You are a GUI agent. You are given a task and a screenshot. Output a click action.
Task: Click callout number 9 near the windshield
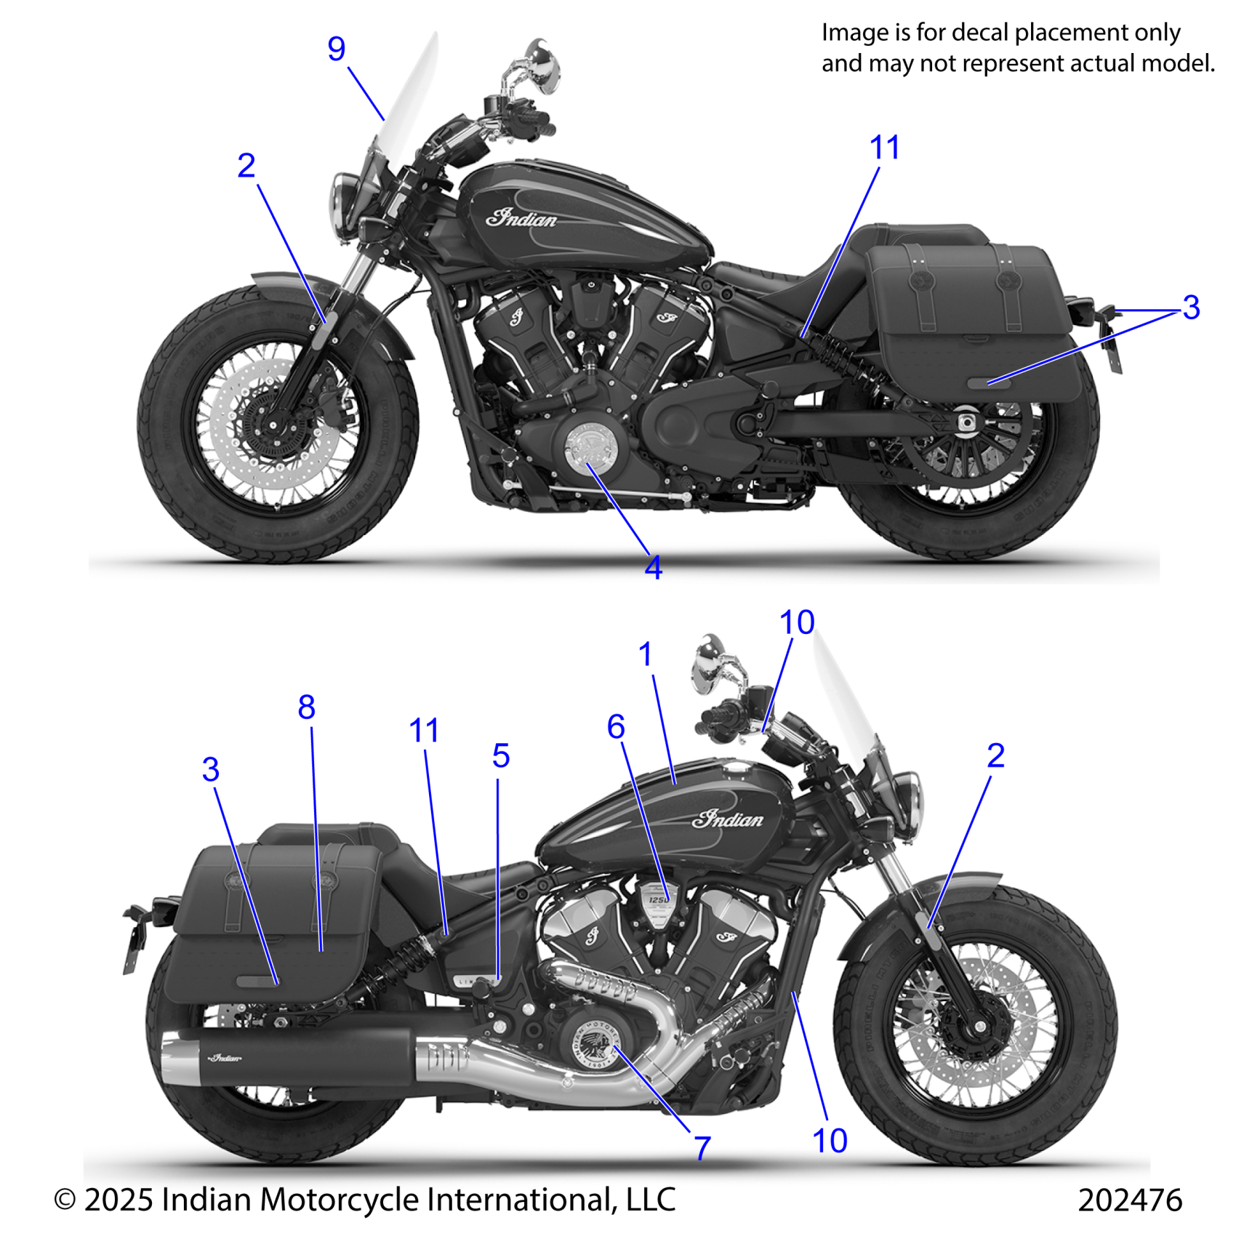point(336,49)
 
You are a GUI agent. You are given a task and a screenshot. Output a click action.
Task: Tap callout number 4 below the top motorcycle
point(653,568)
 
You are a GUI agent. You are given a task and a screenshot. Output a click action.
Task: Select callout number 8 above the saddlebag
point(306,707)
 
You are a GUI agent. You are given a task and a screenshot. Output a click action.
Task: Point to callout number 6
point(616,726)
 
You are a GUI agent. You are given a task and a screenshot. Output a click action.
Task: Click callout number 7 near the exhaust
point(702,1148)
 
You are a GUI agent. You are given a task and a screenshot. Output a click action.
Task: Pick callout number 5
point(501,756)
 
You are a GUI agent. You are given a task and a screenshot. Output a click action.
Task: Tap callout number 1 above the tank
point(646,654)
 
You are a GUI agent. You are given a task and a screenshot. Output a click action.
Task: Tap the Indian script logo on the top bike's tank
point(521,217)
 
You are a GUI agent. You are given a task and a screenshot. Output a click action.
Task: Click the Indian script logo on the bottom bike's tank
point(727,819)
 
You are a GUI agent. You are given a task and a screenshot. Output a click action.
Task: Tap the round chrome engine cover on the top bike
point(590,445)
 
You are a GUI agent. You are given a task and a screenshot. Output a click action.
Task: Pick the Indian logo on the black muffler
point(225,1058)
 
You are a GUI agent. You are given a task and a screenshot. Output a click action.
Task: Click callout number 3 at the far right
point(1191,308)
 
